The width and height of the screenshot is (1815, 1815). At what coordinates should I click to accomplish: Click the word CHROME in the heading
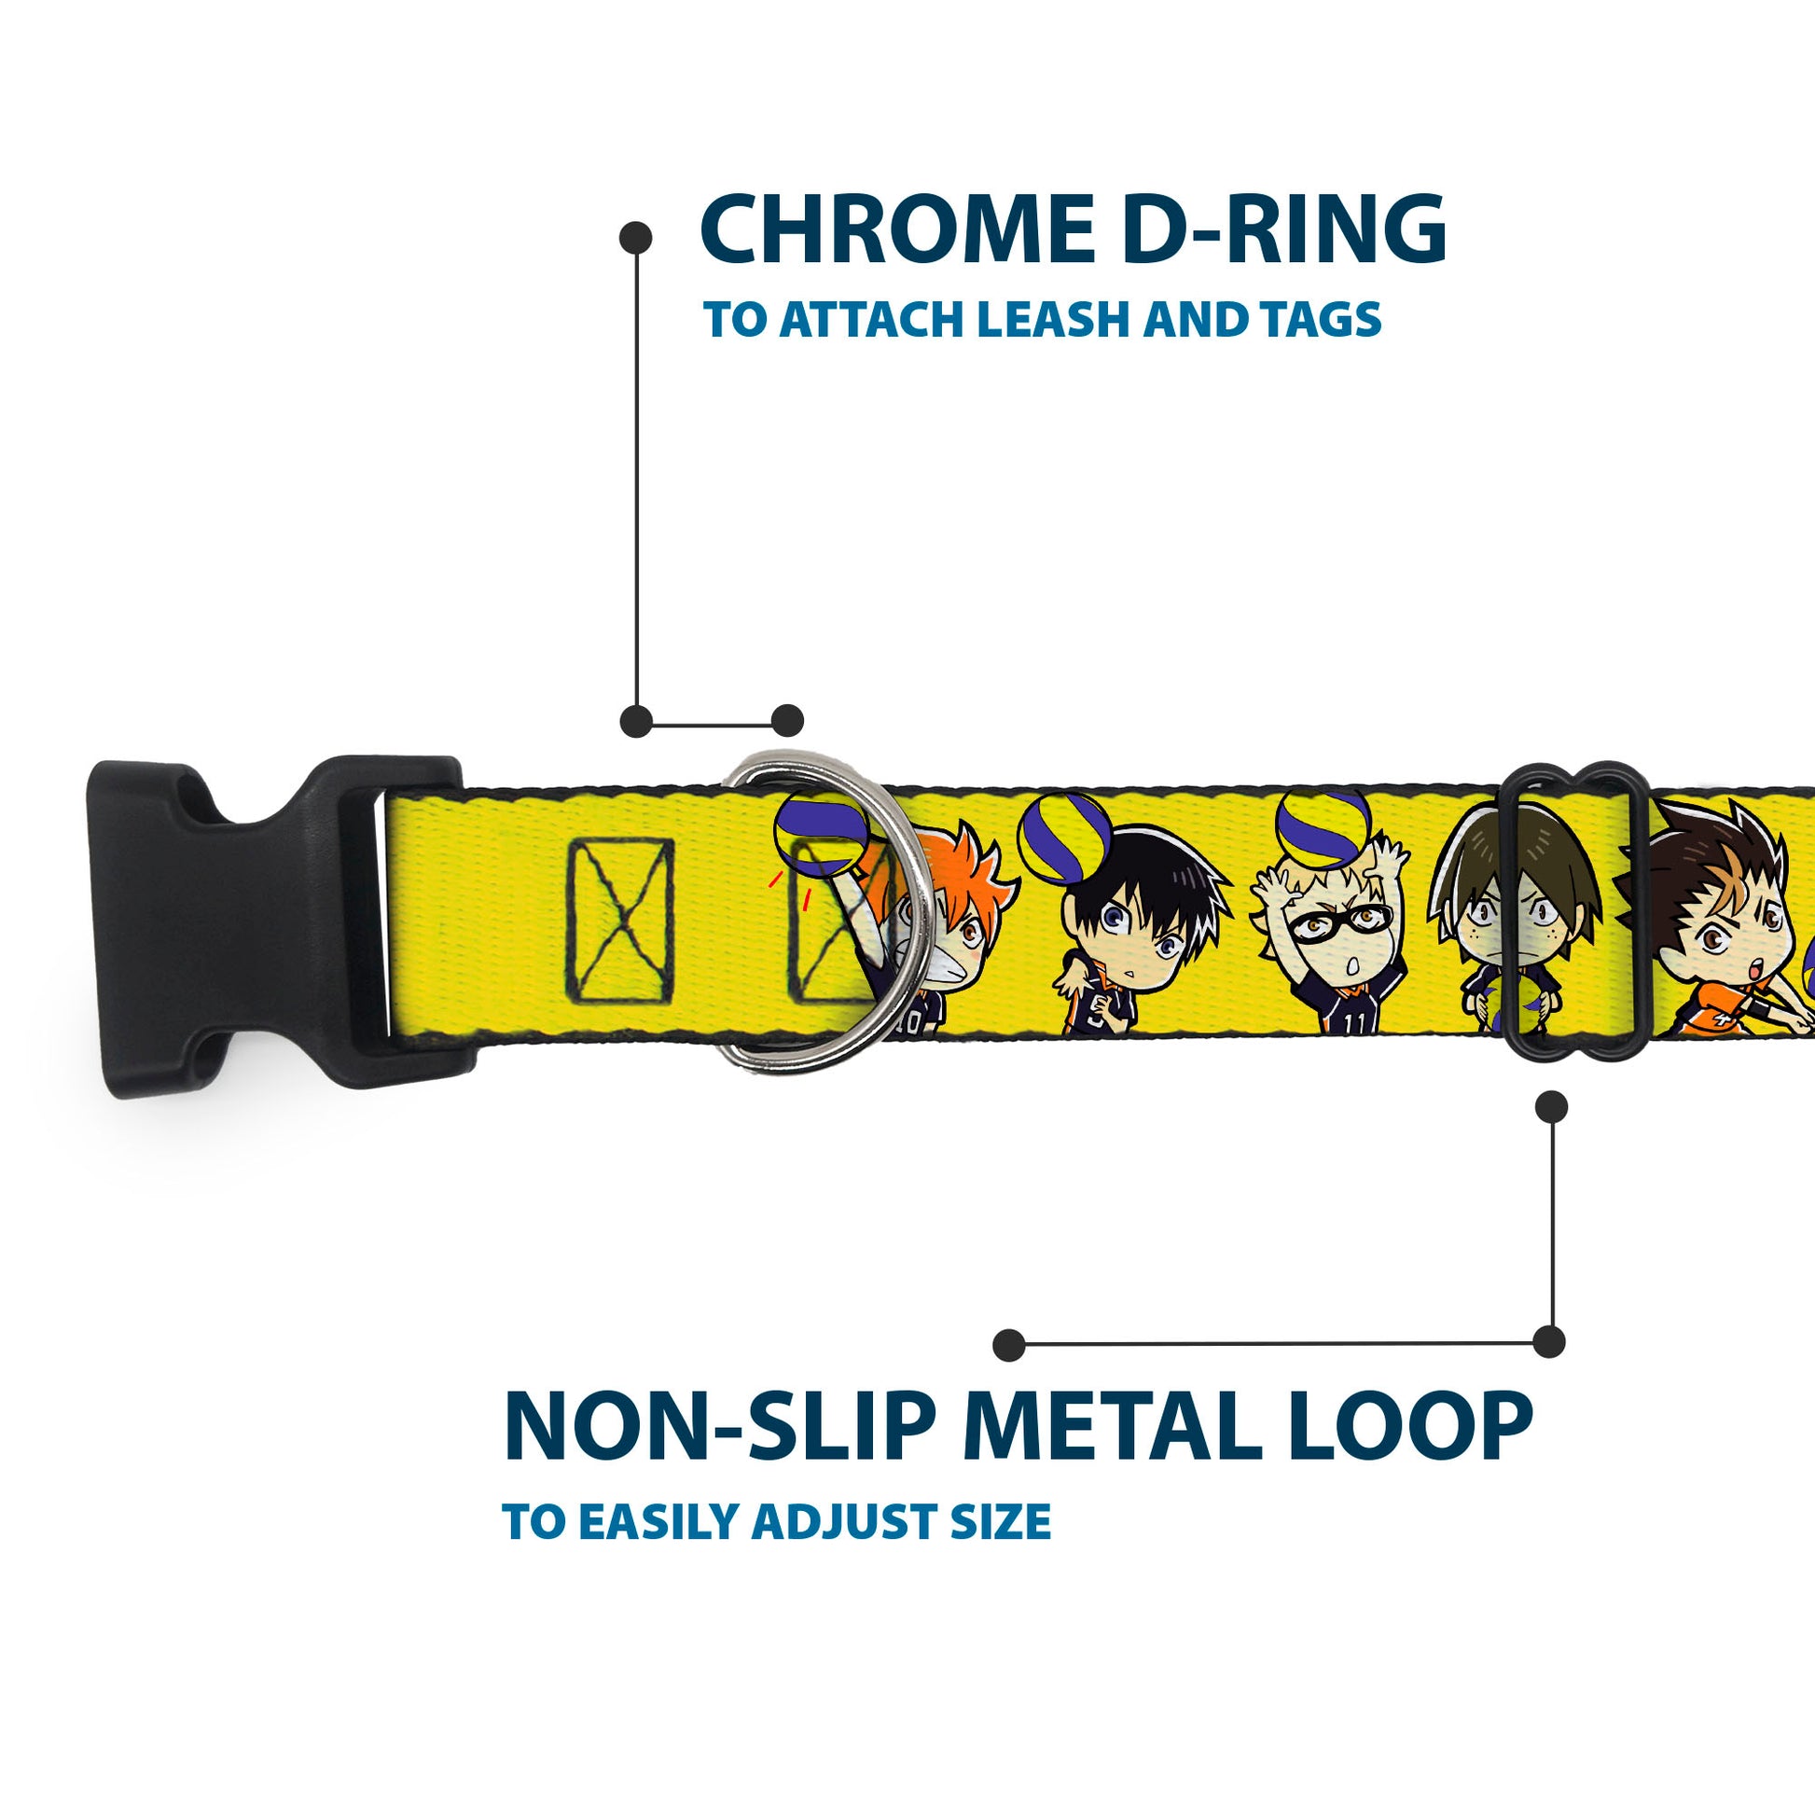[897, 230]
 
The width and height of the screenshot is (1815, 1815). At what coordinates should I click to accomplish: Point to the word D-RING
[1283, 230]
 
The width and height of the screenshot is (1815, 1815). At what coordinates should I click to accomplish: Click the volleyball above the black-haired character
[1065, 837]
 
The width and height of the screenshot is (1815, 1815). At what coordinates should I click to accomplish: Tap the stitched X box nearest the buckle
[620, 921]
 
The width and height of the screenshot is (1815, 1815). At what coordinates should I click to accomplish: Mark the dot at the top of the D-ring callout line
[636, 238]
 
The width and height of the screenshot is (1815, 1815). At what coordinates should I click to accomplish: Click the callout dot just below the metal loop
[1551, 1107]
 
